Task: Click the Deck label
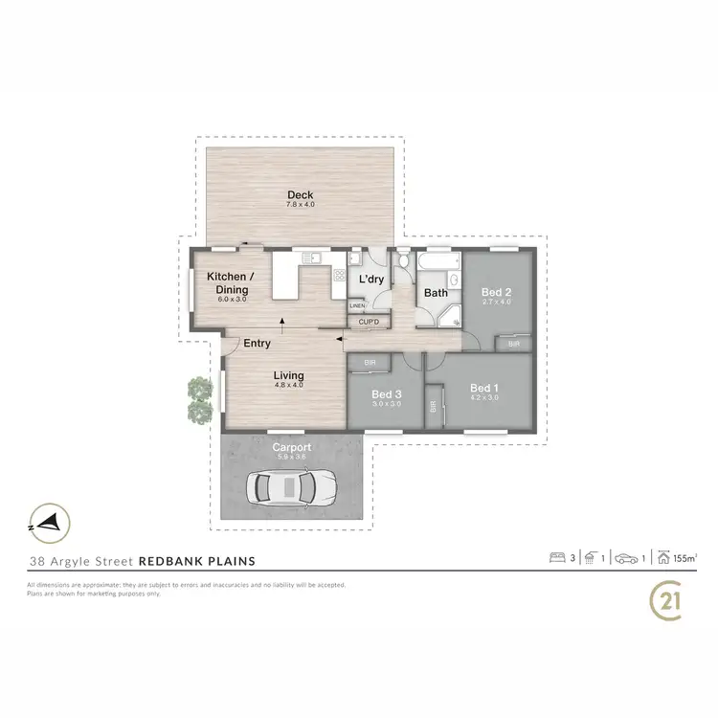tap(300, 195)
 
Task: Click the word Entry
tap(257, 343)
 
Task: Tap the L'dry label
tap(370, 280)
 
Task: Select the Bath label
tap(437, 293)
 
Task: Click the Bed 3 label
tap(386, 394)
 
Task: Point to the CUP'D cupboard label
tap(369, 322)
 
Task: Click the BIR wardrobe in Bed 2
tap(514, 343)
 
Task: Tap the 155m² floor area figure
tap(684, 556)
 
